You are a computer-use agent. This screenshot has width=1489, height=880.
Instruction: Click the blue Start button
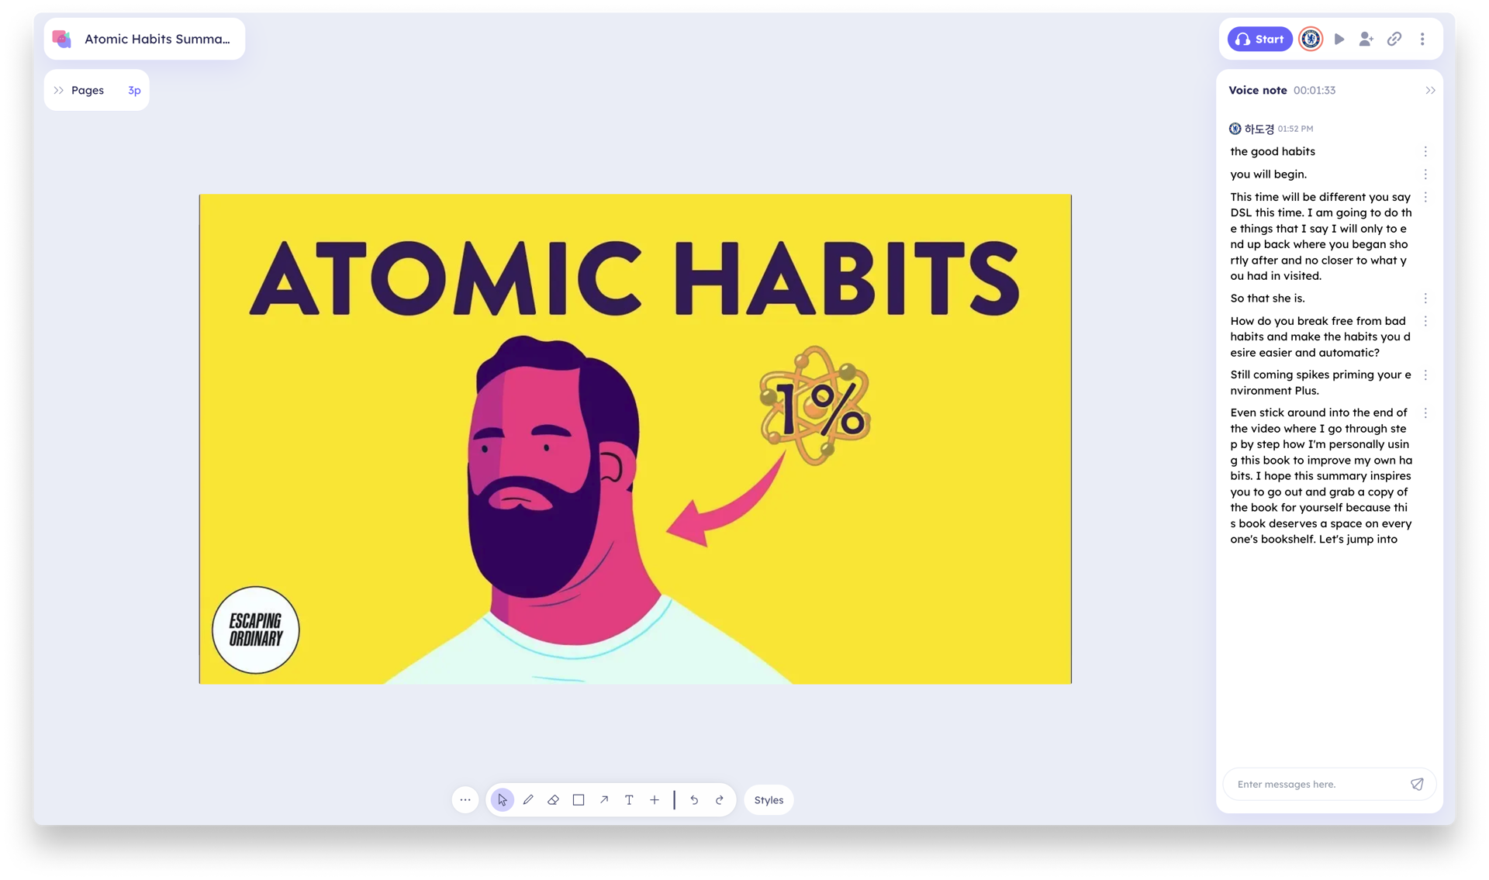tap(1259, 39)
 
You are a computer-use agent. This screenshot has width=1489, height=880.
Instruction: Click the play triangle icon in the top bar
tap(1339, 39)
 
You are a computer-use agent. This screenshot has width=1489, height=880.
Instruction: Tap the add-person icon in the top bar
tap(1366, 39)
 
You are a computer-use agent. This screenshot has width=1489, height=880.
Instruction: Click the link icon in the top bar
tap(1394, 39)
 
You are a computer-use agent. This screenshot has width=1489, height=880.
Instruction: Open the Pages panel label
tap(88, 90)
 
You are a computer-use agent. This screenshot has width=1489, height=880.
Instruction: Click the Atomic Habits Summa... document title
tap(157, 39)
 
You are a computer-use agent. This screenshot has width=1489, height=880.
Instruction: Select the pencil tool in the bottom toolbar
tap(528, 799)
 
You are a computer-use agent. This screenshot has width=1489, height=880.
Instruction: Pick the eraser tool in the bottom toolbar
tap(553, 799)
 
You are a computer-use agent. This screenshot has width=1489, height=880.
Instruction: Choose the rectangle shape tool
tap(579, 799)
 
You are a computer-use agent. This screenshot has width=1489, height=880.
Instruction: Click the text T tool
tap(629, 799)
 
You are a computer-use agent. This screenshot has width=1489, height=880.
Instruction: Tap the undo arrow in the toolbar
tap(694, 799)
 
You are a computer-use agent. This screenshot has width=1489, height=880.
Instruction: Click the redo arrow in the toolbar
tap(720, 799)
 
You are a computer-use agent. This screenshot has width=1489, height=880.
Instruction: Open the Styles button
tap(769, 799)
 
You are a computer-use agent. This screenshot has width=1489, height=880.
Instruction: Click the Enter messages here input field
tap(1318, 784)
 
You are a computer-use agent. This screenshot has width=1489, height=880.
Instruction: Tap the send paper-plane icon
tap(1417, 784)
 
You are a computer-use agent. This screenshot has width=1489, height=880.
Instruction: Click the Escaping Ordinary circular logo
tap(256, 630)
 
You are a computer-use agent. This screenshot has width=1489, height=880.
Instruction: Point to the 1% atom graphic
tap(815, 405)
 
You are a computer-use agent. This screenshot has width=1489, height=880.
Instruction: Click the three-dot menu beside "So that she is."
tap(1425, 299)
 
